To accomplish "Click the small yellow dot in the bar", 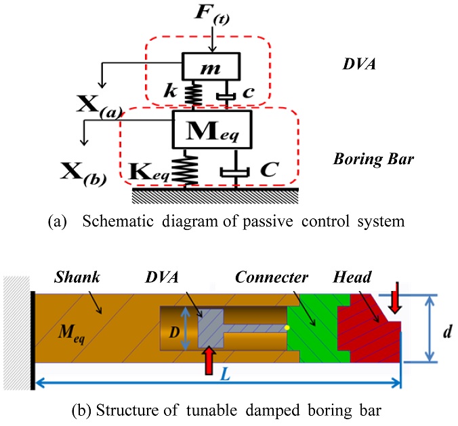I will click(x=287, y=328).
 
